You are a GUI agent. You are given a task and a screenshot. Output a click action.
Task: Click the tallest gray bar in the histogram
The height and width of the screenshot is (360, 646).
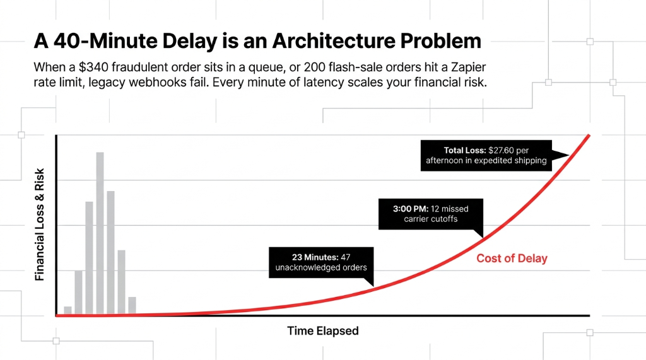pyautogui.click(x=100, y=233)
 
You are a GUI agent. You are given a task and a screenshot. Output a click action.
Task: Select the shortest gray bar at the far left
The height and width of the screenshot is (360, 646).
pyautogui.click(x=68, y=310)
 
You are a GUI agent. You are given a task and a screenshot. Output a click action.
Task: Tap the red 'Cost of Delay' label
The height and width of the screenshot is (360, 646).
pyautogui.click(x=512, y=258)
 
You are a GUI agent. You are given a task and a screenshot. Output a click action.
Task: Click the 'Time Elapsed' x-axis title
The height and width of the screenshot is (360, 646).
pyautogui.click(x=323, y=331)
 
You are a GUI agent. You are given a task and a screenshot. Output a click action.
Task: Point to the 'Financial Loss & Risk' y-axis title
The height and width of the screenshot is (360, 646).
pyautogui.click(x=40, y=224)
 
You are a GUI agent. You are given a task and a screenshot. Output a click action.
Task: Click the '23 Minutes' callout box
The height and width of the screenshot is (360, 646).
pyautogui.click(x=321, y=262)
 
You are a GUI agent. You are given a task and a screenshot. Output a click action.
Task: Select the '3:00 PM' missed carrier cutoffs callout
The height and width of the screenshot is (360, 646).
pyautogui.click(x=431, y=214)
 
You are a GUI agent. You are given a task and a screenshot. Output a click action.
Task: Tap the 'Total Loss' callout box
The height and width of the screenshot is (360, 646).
pyautogui.click(x=486, y=155)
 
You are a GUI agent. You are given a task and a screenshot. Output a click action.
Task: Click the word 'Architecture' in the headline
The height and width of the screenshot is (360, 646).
pyautogui.click(x=325, y=42)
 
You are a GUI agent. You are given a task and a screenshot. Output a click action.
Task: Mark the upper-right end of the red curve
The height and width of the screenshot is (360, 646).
pyautogui.click(x=589, y=136)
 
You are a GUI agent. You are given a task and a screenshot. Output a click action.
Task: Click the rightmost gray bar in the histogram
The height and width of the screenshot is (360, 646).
pyautogui.click(x=132, y=305)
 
